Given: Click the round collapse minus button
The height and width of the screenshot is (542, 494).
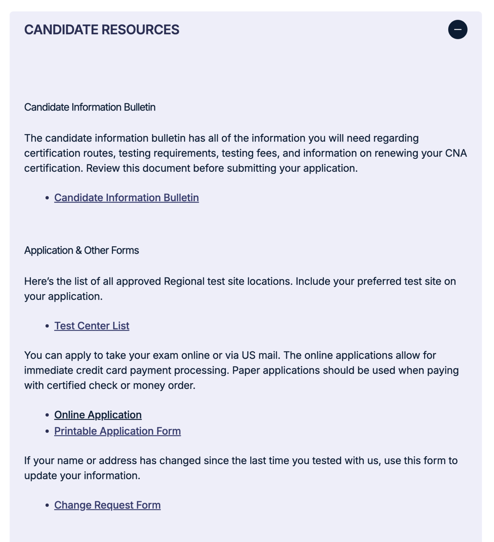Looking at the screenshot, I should point(457,29).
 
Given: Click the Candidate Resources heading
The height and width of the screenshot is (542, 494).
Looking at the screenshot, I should point(101,30).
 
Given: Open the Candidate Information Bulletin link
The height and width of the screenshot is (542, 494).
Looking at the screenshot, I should point(126,197).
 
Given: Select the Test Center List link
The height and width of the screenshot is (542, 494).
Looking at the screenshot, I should point(92,326).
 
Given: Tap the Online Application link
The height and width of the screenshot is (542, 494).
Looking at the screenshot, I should point(98,415).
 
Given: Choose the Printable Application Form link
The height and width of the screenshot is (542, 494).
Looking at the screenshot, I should point(117,431).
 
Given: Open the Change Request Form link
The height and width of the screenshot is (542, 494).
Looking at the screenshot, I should point(107,505).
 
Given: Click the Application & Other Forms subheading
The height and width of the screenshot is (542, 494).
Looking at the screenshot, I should point(81,250).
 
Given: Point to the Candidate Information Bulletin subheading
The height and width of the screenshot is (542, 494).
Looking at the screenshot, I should point(90,107).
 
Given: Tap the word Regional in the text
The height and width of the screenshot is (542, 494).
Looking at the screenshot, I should point(184,281).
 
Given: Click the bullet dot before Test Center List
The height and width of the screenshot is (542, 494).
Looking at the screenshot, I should point(47,326).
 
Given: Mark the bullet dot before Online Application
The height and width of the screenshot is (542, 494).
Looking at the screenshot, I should point(47,415).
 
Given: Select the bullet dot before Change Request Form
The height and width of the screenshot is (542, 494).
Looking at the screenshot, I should point(47,505).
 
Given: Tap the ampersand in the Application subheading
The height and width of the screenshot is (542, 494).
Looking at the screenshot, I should point(79,250).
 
